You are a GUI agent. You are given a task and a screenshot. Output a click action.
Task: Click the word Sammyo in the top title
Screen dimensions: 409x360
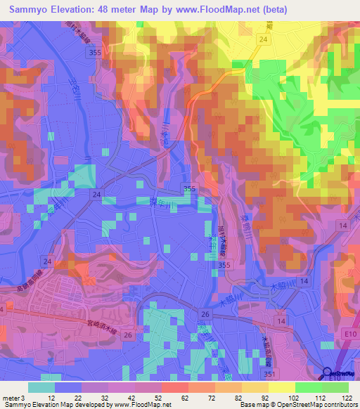click(x=28, y=9)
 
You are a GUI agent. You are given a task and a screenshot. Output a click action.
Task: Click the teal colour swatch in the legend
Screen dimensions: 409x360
click(x=41, y=387)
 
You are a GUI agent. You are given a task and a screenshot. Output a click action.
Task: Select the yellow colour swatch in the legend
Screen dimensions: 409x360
click(x=282, y=387)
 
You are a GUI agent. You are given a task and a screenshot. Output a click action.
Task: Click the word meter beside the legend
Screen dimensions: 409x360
click(x=11, y=397)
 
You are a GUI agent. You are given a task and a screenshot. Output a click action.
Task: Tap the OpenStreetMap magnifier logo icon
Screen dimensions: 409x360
click(x=327, y=373)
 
